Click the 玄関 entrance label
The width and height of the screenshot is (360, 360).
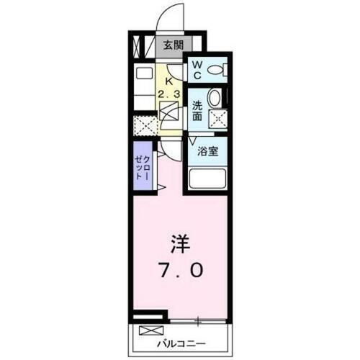point(172,45)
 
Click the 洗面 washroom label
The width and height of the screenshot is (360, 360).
point(197,110)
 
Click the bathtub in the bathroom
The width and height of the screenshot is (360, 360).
point(207,179)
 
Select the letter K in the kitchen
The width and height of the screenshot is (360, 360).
point(170,81)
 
